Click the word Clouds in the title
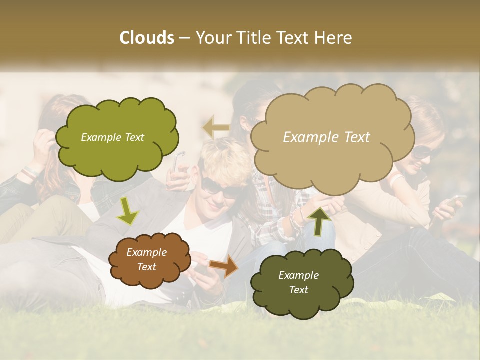146,38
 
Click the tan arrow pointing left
216,127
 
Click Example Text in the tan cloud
326,137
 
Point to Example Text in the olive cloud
112,137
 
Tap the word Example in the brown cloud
146,252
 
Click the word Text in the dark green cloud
298,290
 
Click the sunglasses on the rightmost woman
421,152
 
